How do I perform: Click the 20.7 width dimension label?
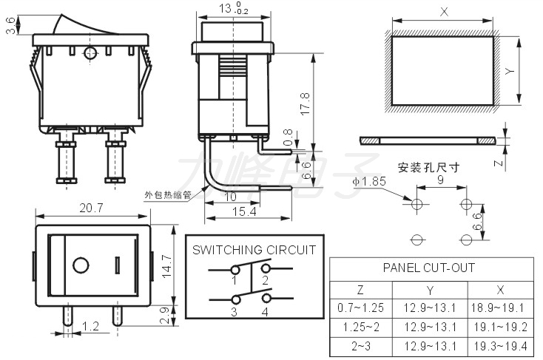click(x=91, y=208)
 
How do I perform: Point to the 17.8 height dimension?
click(x=305, y=103)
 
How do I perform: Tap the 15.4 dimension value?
click(x=244, y=211)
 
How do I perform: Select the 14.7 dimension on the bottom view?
click(x=166, y=266)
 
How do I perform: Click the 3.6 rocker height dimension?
click(x=11, y=26)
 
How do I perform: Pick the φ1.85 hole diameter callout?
click(x=369, y=181)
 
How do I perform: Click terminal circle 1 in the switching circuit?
click(x=235, y=269)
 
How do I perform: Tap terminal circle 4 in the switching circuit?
click(x=266, y=298)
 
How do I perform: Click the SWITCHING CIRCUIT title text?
click(x=254, y=250)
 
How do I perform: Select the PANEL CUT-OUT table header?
click(x=429, y=268)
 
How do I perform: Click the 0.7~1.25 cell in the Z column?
click(x=360, y=308)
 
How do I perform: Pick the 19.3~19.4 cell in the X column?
click(x=500, y=346)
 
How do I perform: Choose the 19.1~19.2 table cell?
click(x=500, y=327)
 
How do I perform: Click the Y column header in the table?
click(x=430, y=290)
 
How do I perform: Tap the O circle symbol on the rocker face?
click(x=81, y=265)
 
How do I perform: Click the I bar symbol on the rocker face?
click(x=118, y=265)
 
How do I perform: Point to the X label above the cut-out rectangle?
click(x=444, y=12)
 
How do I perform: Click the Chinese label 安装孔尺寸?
click(x=428, y=168)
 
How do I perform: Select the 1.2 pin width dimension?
click(x=91, y=326)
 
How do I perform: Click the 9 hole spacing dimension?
click(x=440, y=180)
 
